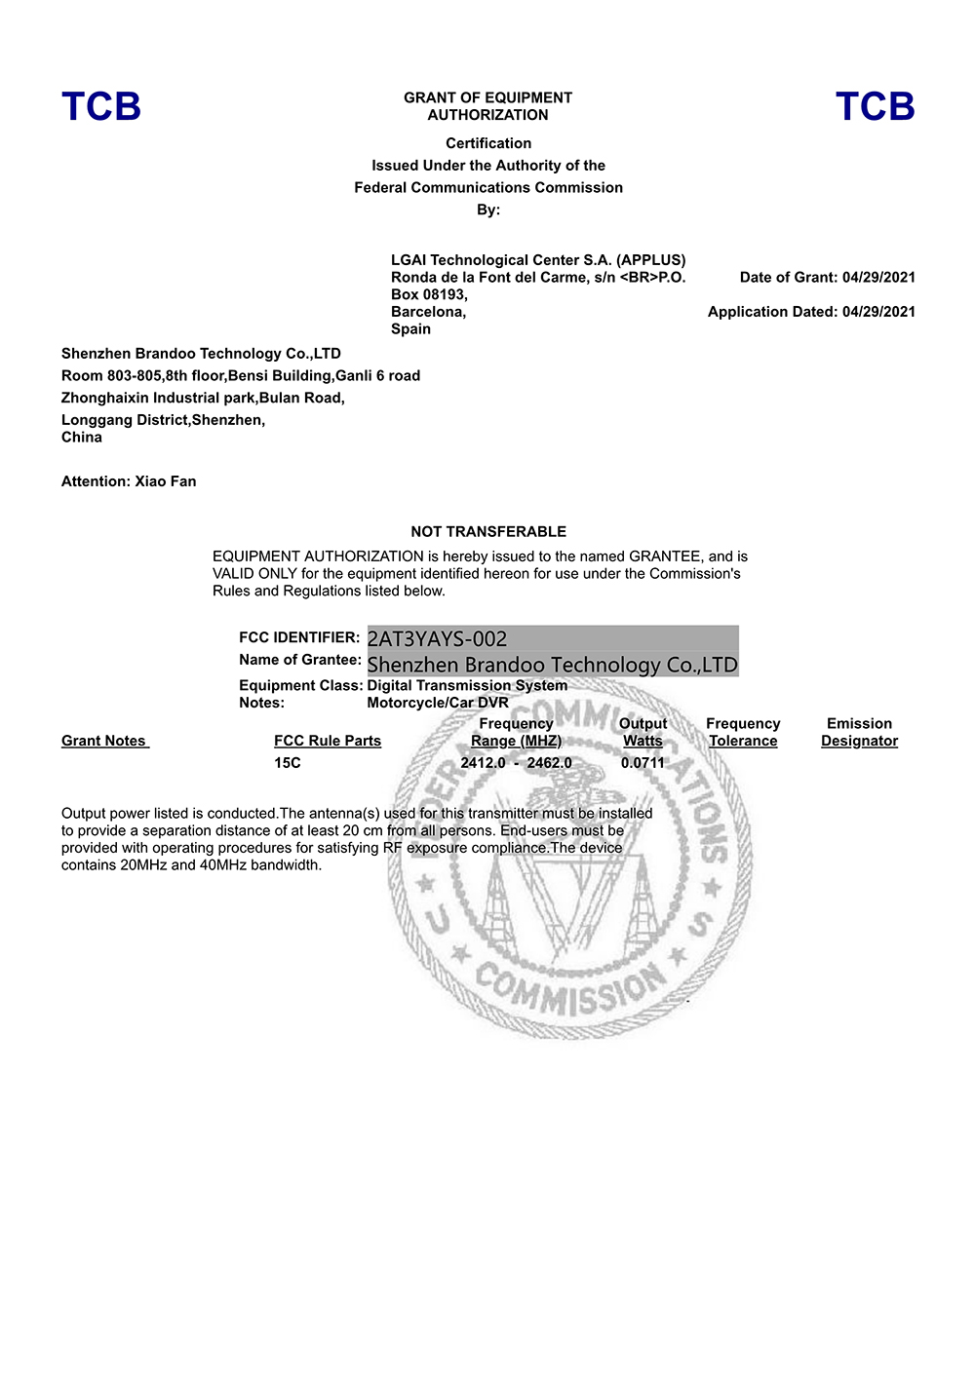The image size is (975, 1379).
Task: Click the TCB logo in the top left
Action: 101,107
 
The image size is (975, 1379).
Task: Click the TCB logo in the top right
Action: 875,107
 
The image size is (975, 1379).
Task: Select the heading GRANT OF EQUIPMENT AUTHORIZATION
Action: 487,106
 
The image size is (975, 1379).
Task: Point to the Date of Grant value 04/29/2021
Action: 878,278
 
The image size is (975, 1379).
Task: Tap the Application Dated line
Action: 811,312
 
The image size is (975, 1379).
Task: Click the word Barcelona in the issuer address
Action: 427,312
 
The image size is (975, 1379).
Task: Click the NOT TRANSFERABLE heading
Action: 488,532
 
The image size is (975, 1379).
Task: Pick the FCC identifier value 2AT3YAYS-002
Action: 437,639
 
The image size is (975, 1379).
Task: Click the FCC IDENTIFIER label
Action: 299,637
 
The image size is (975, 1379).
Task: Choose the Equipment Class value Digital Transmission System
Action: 467,686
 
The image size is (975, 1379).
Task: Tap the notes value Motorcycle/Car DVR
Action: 438,704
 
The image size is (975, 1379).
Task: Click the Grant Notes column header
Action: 104,742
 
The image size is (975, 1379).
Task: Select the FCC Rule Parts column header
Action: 328,742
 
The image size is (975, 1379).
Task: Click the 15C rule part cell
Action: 288,763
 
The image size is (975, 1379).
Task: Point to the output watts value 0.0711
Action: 643,763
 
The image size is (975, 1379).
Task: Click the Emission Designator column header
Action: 859,733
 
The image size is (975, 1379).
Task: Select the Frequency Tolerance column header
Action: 743,733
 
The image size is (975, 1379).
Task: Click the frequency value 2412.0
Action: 483,763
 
